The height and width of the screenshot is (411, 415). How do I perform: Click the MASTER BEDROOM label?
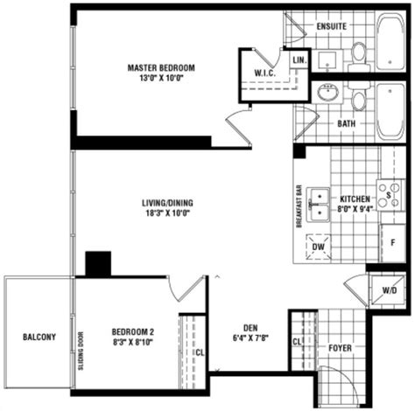(161, 68)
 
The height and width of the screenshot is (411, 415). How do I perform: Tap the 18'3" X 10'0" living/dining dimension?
(168, 213)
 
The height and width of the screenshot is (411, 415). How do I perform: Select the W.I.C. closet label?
(264, 73)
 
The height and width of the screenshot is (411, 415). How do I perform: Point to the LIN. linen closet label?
(299, 60)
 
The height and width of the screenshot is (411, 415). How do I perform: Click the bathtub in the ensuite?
(390, 41)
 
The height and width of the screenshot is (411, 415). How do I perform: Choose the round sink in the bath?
(328, 93)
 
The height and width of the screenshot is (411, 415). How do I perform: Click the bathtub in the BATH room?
(390, 112)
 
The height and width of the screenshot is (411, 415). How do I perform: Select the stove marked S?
(390, 194)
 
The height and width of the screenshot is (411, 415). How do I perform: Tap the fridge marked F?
(393, 243)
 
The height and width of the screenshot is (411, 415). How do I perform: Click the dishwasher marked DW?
(318, 247)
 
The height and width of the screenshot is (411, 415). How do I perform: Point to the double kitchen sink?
(320, 205)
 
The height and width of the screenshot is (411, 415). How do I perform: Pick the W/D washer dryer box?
(387, 290)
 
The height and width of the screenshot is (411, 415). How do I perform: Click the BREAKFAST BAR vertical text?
(299, 206)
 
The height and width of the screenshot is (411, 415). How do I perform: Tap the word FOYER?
(340, 348)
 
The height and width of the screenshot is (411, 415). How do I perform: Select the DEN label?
(250, 328)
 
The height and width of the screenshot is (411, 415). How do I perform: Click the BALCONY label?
(39, 337)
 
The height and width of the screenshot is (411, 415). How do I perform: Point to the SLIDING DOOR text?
(81, 351)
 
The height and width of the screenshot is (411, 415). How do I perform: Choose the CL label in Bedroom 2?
(200, 352)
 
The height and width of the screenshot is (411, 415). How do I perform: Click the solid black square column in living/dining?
(98, 263)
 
